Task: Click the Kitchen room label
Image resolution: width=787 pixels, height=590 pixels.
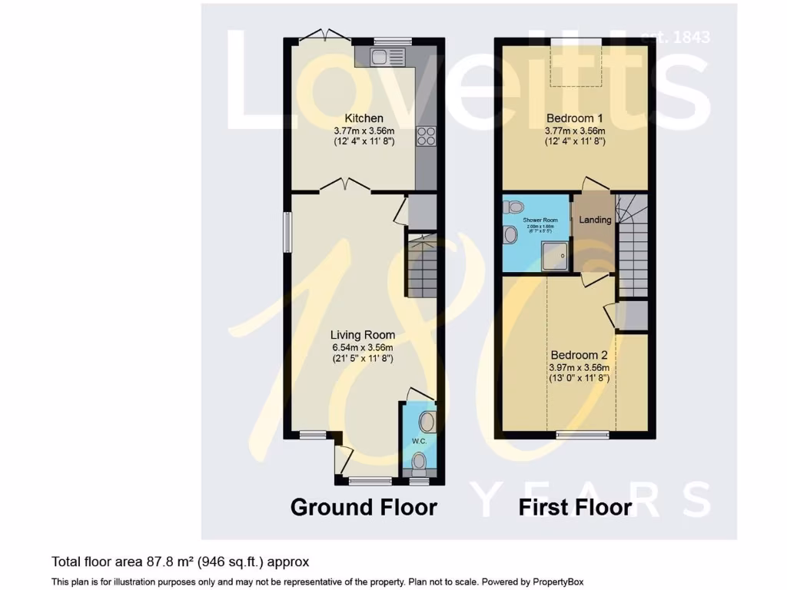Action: [x=364, y=118]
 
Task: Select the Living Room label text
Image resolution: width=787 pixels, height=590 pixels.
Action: [x=363, y=335]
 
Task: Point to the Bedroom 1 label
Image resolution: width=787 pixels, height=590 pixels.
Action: [x=575, y=118]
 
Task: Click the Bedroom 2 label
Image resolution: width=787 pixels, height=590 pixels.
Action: [x=574, y=356]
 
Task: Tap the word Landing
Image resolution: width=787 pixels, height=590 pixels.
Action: [x=595, y=220]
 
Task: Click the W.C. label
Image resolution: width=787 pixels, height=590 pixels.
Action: [x=419, y=441]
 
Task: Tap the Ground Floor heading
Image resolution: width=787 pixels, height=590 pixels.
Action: [x=364, y=507]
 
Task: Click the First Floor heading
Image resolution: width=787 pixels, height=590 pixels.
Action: [x=575, y=507]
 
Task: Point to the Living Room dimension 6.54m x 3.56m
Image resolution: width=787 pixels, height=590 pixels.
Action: [x=363, y=347]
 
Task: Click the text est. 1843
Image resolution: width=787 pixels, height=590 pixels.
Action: [x=675, y=37]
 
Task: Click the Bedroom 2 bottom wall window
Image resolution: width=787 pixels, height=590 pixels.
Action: [x=583, y=436]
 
